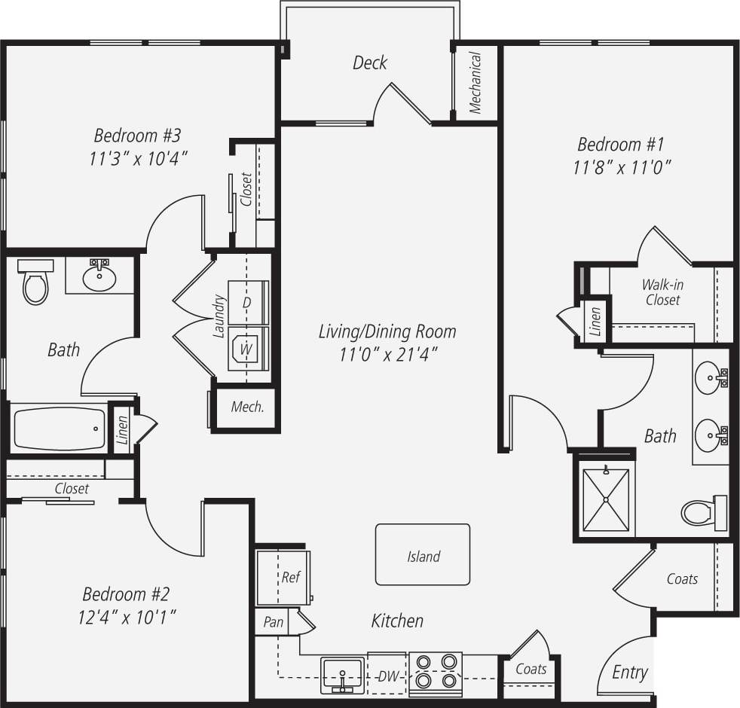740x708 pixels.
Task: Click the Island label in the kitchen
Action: [424, 557]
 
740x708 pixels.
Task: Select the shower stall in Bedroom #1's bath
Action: [605, 499]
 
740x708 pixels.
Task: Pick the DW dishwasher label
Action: [387, 675]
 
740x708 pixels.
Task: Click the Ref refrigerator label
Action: [291, 578]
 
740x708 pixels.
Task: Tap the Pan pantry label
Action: [273, 623]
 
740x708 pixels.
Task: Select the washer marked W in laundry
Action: [246, 350]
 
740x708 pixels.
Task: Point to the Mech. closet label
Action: [247, 407]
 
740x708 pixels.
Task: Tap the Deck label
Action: [370, 63]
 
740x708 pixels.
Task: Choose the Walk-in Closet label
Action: [662, 292]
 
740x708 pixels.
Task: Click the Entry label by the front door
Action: [629, 673]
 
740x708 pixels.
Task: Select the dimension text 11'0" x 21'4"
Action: [387, 355]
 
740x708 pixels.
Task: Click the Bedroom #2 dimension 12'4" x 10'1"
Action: [127, 618]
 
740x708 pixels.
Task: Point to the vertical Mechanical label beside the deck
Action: [475, 82]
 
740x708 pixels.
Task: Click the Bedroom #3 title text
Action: [137, 136]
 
